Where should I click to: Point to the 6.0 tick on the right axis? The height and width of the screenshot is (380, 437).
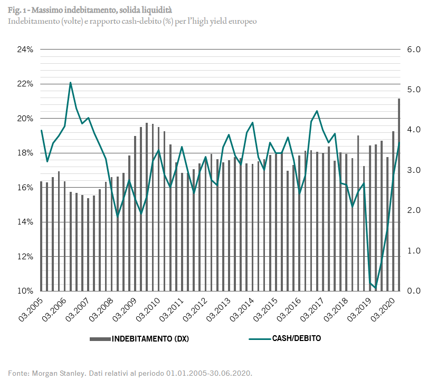pos(413,50)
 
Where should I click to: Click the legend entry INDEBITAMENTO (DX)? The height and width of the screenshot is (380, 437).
pos(150,339)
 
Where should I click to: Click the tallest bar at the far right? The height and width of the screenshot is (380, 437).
pos(399,195)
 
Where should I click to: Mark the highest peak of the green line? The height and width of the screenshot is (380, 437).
pos(70,83)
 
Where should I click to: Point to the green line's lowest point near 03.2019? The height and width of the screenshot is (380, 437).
pos(376,288)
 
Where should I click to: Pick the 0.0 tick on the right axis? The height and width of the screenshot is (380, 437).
pos(413,291)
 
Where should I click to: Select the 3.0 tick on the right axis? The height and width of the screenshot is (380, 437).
pos(413,170)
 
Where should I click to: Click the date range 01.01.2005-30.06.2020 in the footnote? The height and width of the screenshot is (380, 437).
pos(208,373)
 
